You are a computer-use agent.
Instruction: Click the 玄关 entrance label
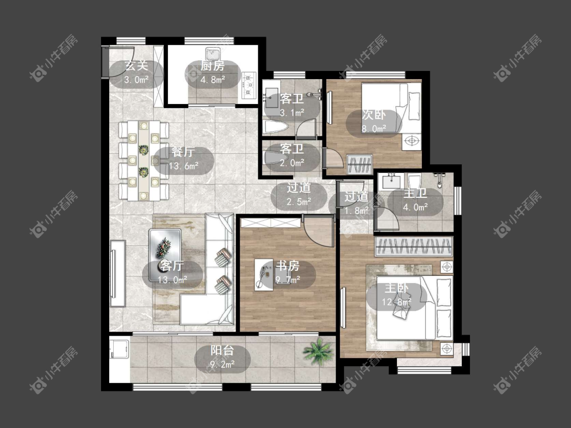click(136, 66)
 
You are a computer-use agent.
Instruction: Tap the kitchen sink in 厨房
click(212, 54)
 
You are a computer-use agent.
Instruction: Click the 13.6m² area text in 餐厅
click(184, 166)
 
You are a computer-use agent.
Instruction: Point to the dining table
click(144, 160)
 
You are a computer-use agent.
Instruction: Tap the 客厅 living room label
click(172, 266)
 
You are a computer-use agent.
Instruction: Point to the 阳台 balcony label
click(222, 350)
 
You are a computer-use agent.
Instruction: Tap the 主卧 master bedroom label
click(396, 288)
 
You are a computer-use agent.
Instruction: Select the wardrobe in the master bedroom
click(414, 246)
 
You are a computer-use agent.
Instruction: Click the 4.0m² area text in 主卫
click(415, 207)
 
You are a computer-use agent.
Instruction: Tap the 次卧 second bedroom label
click(374, 115)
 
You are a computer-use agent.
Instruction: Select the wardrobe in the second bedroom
click(359, 164)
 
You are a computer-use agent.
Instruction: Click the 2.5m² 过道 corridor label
click(298, 188)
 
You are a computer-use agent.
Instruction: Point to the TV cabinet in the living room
click(118, 274)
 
